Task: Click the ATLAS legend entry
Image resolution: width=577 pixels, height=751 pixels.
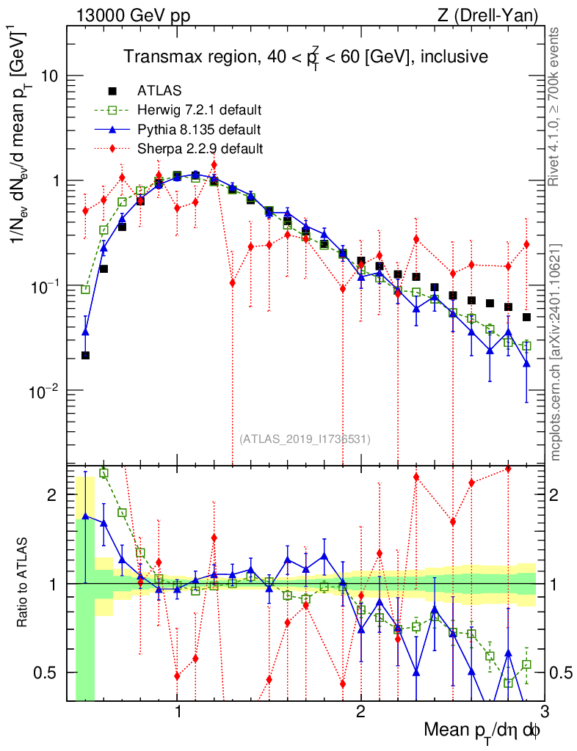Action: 156,92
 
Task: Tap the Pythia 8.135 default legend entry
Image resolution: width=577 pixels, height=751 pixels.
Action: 199,130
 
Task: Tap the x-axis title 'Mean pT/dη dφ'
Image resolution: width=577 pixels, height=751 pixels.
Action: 483,730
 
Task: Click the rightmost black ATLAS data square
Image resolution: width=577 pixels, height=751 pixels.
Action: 526,317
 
